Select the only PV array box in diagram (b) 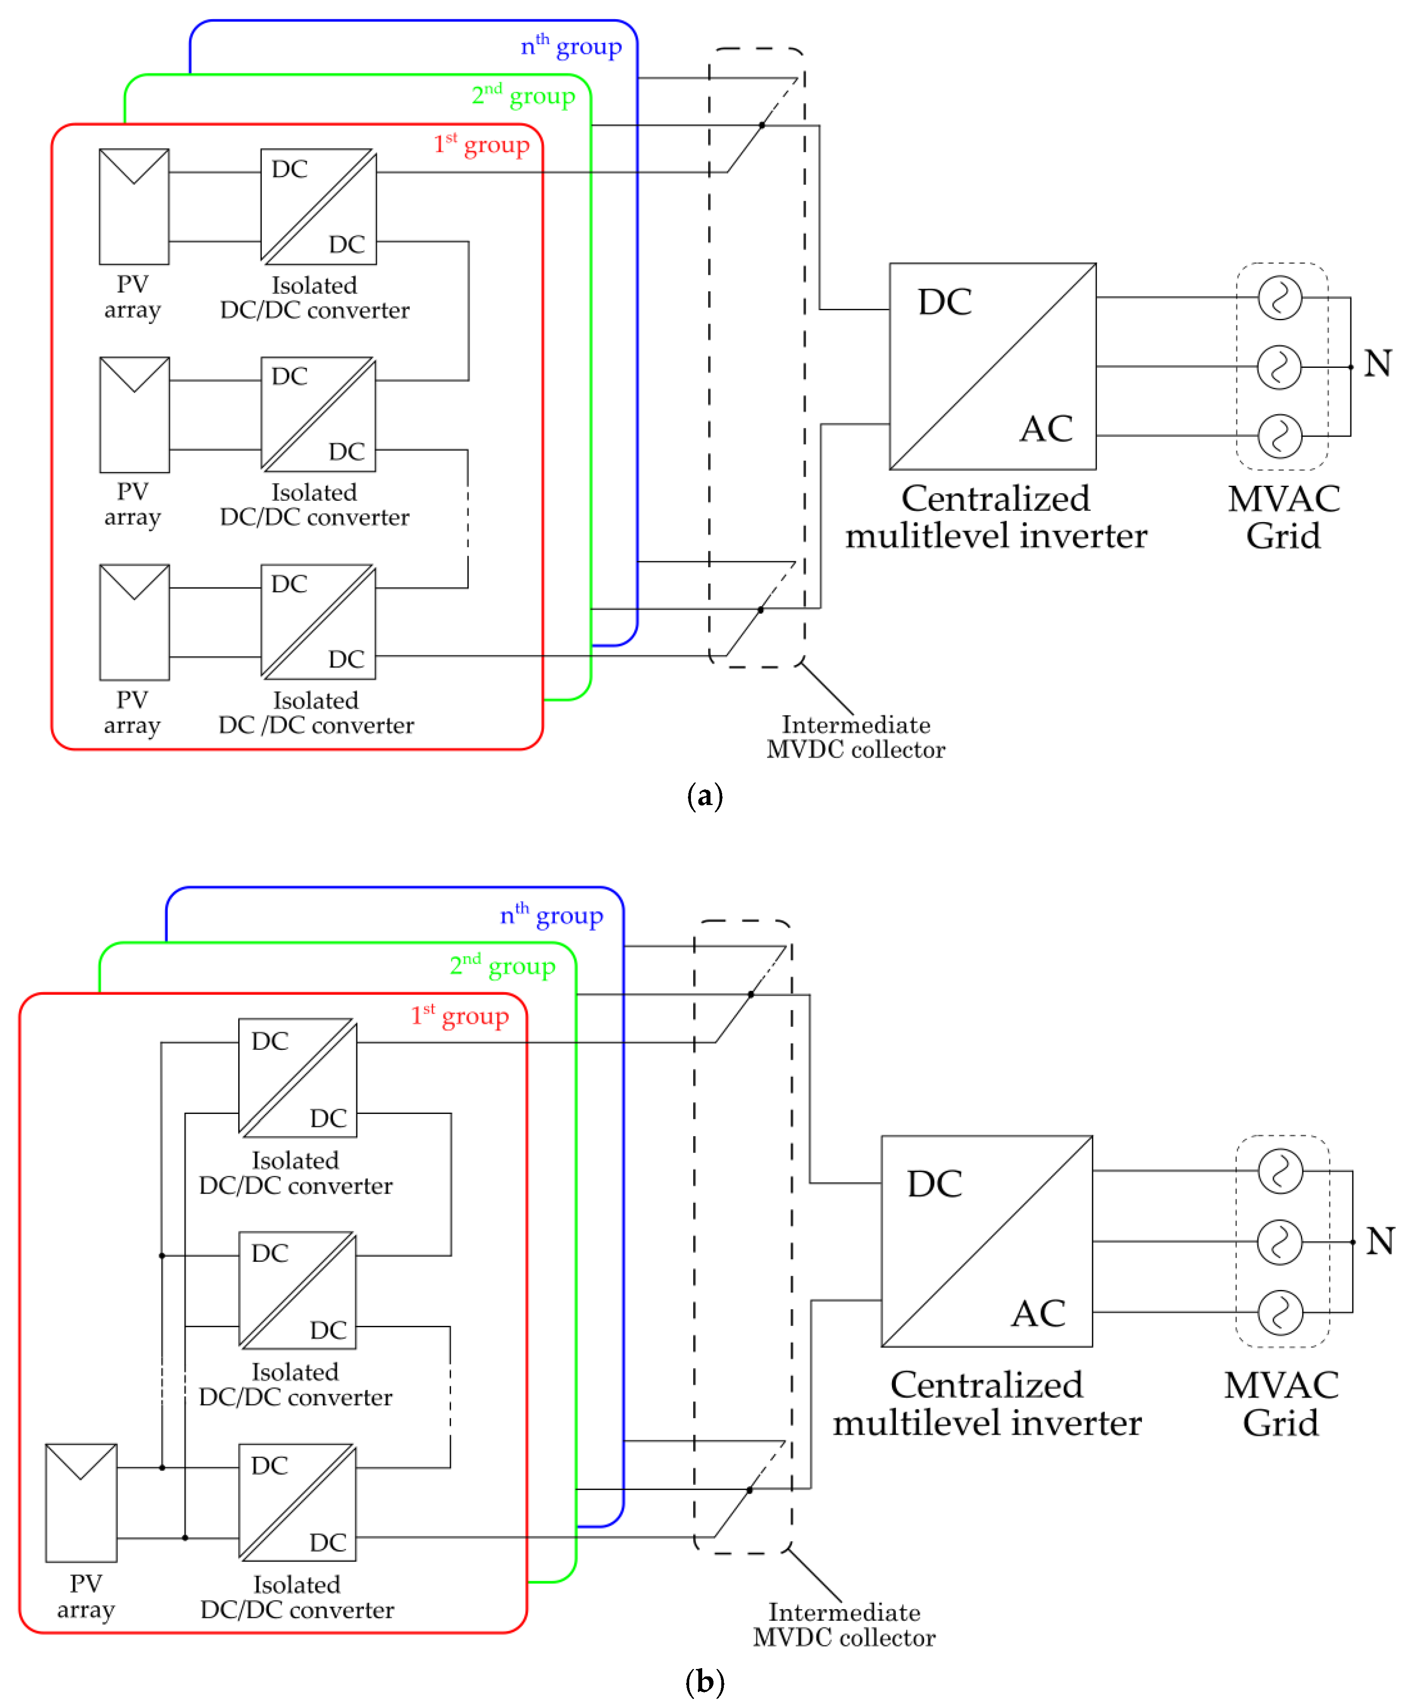pos(81,1503)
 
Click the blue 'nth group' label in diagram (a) pos(571,46)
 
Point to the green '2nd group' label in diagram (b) pos(502,966)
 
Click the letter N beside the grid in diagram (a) pos(1377,363)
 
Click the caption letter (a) pos(704,796)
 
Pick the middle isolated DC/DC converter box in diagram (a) pos(318,414)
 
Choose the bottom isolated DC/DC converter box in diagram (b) pos(297,1503)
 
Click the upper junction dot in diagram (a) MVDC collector pos(762,125)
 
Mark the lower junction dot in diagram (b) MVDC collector pos(750,1490)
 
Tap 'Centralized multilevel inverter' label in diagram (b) pos(987,1404)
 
